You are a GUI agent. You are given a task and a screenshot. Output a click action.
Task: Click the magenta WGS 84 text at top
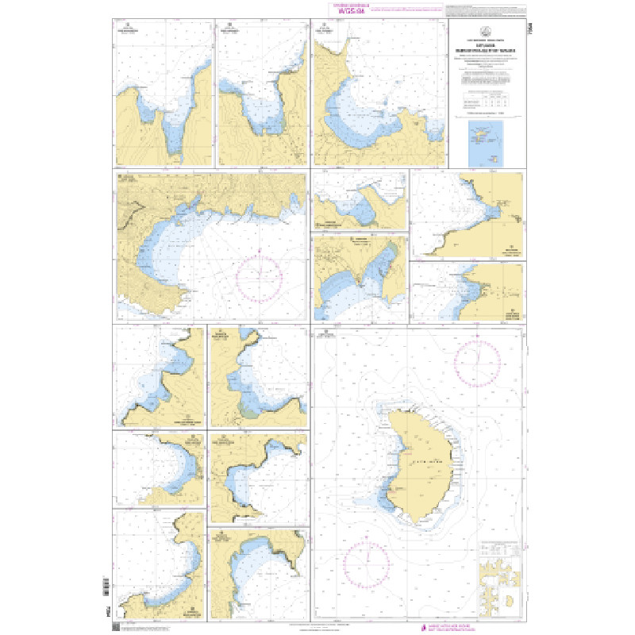349,12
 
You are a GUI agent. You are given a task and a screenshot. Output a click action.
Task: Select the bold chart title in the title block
485,51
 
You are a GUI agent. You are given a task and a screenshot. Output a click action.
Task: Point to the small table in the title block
485,102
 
